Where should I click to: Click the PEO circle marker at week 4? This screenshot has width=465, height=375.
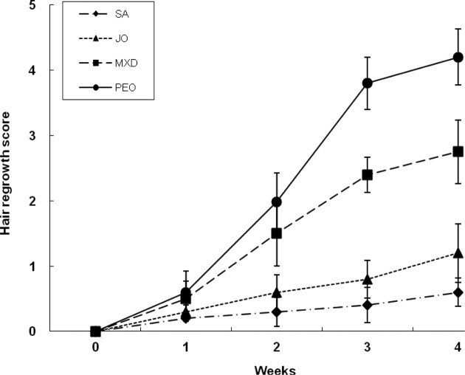coord(458,58)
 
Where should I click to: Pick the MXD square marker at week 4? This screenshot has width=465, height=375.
coord(458,151)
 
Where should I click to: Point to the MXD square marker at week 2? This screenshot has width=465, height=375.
coord(277,233)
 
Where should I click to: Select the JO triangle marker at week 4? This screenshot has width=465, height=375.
coord(458,253)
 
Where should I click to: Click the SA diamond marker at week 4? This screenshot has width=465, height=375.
coord(458,292)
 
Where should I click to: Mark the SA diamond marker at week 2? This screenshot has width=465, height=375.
coord(277,312)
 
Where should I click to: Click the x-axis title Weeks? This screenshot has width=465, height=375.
coord(276,368)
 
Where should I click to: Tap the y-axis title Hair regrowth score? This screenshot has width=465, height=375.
coord(8,170)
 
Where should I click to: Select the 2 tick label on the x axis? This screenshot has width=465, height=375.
coord(277,345)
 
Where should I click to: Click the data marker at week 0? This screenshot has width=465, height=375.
coord(96,331)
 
